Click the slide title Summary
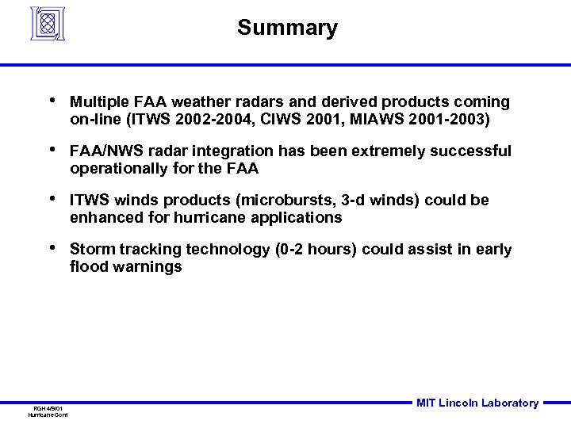287,29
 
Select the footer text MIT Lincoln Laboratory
477,403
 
